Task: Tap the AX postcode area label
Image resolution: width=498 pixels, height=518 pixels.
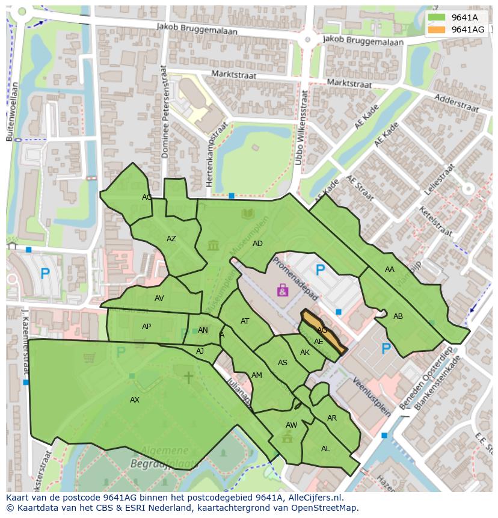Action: point(135,399)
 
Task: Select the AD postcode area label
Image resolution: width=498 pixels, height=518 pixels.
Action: point(257,244)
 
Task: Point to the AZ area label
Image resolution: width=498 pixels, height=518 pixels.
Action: point(171,239)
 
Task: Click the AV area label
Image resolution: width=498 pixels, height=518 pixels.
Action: point(159,298)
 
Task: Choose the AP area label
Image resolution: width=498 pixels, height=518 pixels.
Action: point(146,327)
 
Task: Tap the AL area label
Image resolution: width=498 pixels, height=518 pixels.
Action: point(325,449)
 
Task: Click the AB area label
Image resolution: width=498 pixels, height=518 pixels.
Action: point(398,316)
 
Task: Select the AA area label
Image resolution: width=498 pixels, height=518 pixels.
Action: point(390,270)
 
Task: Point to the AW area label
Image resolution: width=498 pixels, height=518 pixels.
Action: point(291,425)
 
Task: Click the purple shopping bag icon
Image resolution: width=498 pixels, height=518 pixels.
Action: point(283,291)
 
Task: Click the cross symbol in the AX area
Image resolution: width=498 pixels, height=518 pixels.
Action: point(188,377)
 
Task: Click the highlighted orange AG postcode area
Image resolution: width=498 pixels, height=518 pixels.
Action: point(323,331)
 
